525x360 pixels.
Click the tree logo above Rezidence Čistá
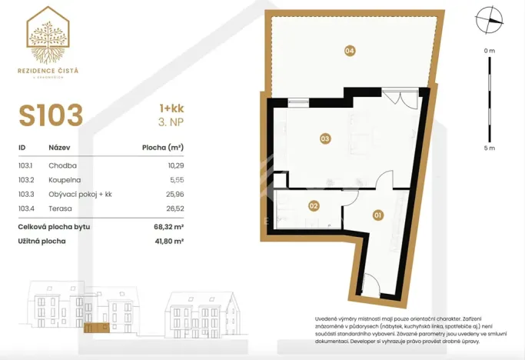point(48,38)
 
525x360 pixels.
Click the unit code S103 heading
point(51,115)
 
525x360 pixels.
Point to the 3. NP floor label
point(171,122)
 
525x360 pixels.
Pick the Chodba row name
point(62,165)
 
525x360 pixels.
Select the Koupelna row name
point(65,179)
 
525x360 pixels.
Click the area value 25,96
point(174,194)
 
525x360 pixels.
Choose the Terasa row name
point(60,208)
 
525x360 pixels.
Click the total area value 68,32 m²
point(168,227)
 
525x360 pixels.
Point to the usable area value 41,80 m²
point(168,242)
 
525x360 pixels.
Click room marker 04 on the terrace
point(350,51)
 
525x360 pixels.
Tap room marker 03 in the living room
point(325,138)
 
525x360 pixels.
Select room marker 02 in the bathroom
point(314,205)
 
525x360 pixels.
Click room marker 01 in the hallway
point(377,215)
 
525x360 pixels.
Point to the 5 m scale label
point(489,148)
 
